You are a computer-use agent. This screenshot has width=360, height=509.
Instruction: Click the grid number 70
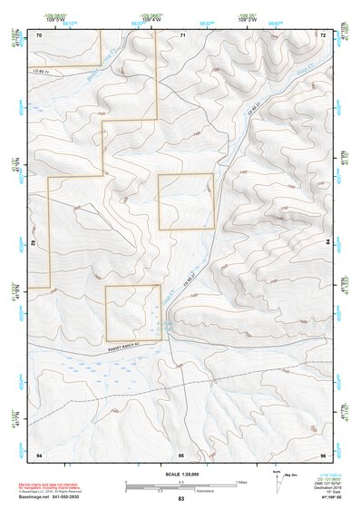pyautogui.click(x=40, y=34)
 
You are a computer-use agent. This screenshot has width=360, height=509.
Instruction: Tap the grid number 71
pyautogui.click(x=182, y=34)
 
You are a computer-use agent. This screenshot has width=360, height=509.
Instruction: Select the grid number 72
pyautogui.click(x=324, y=34)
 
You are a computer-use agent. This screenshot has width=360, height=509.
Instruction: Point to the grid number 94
pyautogui.click(x=39, y=454)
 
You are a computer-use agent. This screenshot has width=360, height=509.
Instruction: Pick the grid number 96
pyautogui.click(x=323, y=454)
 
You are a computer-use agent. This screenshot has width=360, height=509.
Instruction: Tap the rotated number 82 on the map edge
pyautogui.click(x=33, y=244)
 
